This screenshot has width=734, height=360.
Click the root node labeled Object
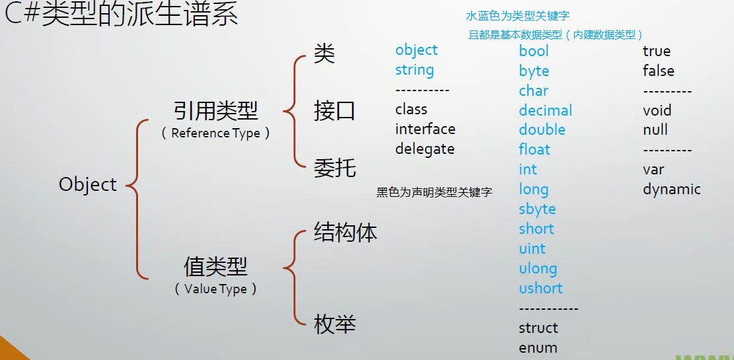pos(88,184)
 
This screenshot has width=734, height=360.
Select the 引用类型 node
pos(215,111)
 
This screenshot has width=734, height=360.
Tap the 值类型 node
pos(215,267)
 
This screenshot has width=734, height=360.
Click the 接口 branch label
pos(334,111)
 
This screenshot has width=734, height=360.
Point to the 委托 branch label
pos(334,168)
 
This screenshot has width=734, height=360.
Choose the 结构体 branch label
pos(345,233)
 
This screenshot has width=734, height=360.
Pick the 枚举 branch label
pos(334,324)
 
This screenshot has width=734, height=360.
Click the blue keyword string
pos(414,70)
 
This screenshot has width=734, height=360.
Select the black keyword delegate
pos(425,149)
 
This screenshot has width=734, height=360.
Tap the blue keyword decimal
pos(545,110)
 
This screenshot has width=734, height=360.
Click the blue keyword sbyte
pos(537,209)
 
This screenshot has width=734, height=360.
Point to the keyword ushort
pos(540,288)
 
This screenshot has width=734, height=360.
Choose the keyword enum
pos(538,347)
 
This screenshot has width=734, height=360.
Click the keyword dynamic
pos(671,190)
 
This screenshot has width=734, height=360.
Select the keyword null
pos(655,129)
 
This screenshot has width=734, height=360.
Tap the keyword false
pos(658,71)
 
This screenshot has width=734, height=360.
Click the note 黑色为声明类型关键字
pos(434,193)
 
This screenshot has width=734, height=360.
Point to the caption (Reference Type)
pos(215,133)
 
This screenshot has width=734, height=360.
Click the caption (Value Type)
pos(215,289)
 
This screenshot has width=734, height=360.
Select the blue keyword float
pos(534,149)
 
